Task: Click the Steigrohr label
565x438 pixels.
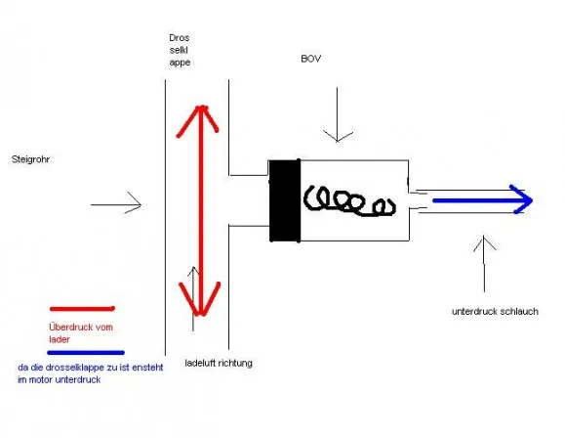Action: pyautogui.click(x=30, y=159)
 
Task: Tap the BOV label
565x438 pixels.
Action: pyautogui.click(x=310, y=59)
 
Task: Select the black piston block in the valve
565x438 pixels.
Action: pyautogui.click(x=285, y=200)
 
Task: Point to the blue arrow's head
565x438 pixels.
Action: pyautogui.click(x=523, y=199)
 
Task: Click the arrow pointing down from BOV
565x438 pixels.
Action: pyautogui.click(x=338, y=114)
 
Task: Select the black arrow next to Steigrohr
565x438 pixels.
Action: pyautogui.click(x=116, y=204)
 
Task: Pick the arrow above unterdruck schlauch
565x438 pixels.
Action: pyautogui.click(x=484, y=264)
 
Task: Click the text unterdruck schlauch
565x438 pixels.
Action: pyautogui.click(x=495, y=312)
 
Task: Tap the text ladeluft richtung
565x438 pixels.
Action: pyautogui.click(x=219, y=363)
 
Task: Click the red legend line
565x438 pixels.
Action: pyautogui.click(x=82, y=309)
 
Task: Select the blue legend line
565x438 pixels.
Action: pyautogui.click(x=86, y=353)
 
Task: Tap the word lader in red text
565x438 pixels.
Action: pyautogui.click(x=60, y=339)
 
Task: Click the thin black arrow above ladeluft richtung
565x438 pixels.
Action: pyautogui.click(x=193, y=299)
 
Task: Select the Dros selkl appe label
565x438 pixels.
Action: pyautogui.click(x=180, y=50)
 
